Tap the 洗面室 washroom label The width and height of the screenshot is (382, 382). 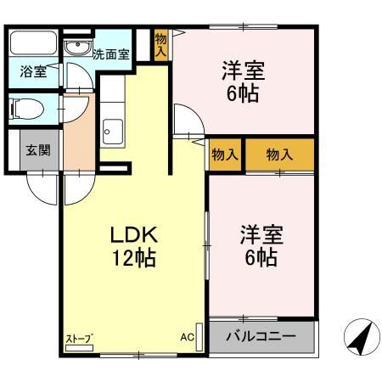coord(110,53)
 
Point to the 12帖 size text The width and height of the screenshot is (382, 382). coord(132,259)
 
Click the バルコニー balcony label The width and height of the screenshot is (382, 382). coord(261,336)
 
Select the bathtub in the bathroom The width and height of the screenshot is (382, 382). coord(34,43)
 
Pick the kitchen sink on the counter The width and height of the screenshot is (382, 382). coord(113,132)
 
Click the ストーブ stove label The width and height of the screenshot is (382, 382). coord(79,340)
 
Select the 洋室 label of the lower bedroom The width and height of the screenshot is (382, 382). coord(260,233)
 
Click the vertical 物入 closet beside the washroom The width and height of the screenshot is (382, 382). coord(161,44)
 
